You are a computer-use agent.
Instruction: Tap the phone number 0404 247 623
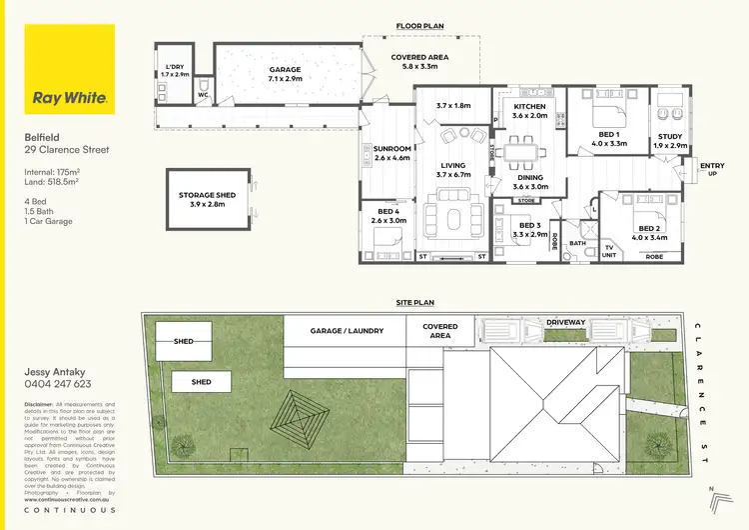(58, 384)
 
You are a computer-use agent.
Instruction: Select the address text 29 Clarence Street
(67, 151)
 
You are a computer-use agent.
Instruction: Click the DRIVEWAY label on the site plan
(566, 323)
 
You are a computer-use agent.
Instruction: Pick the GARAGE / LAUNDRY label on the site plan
(347, 330)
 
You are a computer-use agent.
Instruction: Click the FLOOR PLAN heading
(419, 26)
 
